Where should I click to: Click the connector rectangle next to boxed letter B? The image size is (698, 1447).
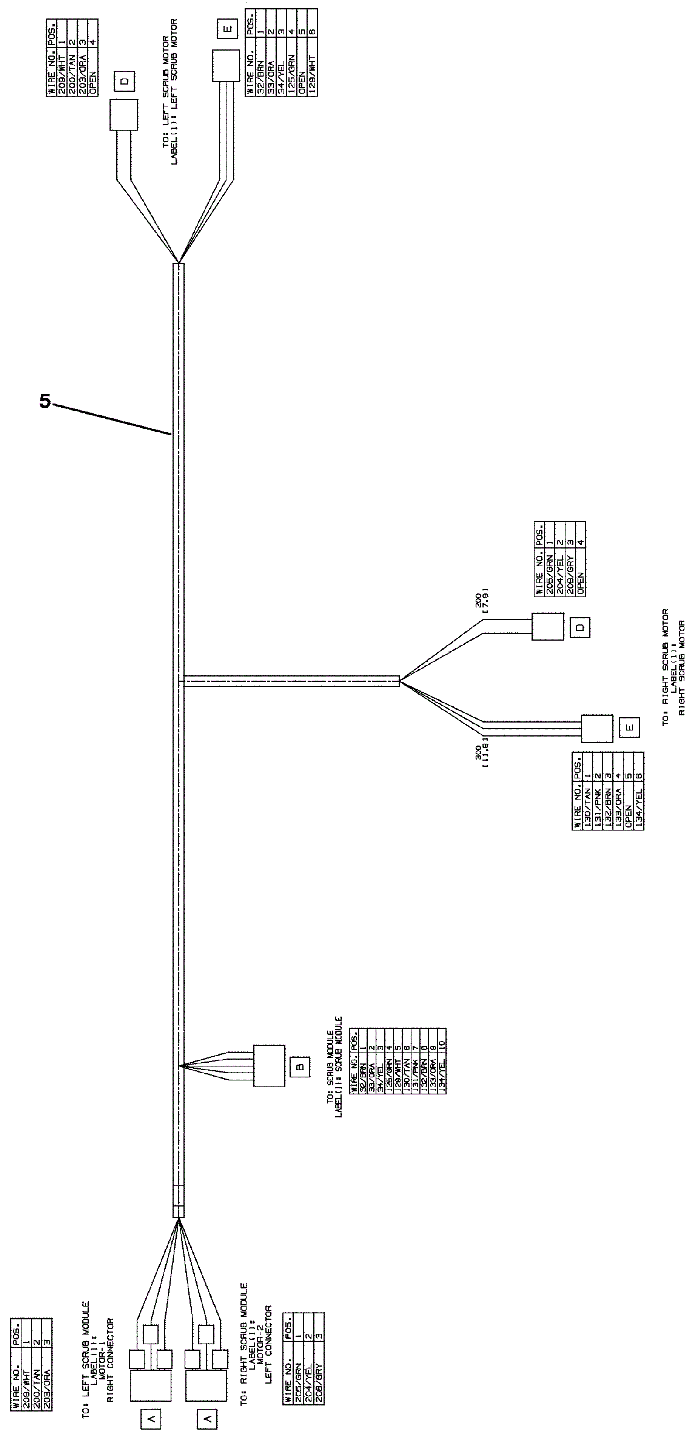coord(269,1066)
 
